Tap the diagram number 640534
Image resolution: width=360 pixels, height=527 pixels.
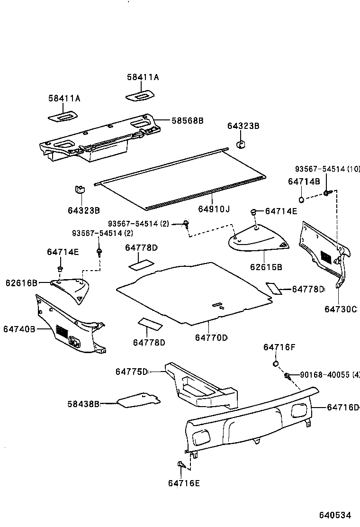click(x=334, y=515)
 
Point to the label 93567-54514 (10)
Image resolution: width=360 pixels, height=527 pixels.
click(x=327, y=169)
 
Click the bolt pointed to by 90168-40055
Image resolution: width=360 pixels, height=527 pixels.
click(x=288, y=376)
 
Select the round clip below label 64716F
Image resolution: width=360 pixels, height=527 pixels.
click(x=275, y=363)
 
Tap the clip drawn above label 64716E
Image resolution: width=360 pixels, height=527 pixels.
click(x=181, y=464)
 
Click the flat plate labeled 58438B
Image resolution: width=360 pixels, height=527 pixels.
click(x=137, y=400)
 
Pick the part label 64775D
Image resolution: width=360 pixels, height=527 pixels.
click(x=132, y=372)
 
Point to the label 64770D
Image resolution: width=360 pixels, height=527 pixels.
click(x=211, y=337)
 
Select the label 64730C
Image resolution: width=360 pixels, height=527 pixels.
click(x=340, y=309)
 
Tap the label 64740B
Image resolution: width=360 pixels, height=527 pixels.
click(x=19, y=328)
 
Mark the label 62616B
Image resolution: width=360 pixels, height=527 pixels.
click(x=21, y=283)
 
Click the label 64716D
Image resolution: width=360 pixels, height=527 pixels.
click(x=343, y=408)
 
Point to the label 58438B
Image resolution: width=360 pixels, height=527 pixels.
click(x=83, y=404)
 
